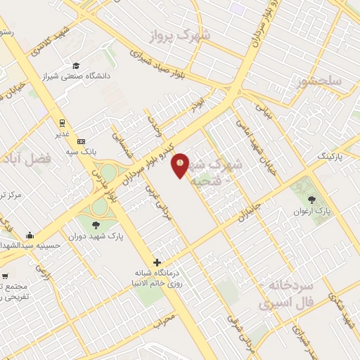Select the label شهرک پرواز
185,34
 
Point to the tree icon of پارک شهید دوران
96,225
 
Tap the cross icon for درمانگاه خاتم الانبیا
157,262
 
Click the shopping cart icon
6,276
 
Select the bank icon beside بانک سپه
80,141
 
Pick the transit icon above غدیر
61,120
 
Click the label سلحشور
319,82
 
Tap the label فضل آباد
28,159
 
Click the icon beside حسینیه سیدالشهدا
30,236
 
